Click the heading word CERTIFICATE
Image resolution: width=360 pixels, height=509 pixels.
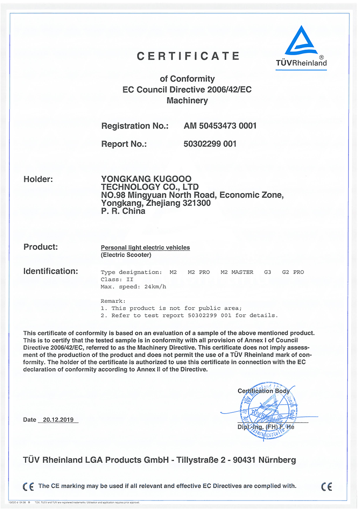pos(188,56)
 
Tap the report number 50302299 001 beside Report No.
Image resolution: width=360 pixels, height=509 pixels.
pos(210,144)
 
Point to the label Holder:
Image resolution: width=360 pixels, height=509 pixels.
pos(38,179)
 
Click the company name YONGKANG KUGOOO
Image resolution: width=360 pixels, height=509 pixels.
pos(146,179)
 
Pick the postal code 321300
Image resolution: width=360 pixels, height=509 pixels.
pos(197,203)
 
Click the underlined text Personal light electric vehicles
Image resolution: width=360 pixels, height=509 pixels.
pos(145,247)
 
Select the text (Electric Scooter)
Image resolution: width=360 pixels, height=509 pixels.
pos(126,255)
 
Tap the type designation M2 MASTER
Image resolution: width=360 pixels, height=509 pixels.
pos(237,272)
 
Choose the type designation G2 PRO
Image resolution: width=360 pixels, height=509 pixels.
pos(293,272)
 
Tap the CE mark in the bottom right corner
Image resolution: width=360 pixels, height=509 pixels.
pos(326,486)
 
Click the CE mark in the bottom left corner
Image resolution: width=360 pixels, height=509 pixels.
pos(28,486)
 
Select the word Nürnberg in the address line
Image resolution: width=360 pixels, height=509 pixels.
pos(276,460)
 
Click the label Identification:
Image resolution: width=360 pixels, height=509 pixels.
pos(51,271)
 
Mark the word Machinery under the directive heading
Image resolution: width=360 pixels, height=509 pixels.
pos(187,101)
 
